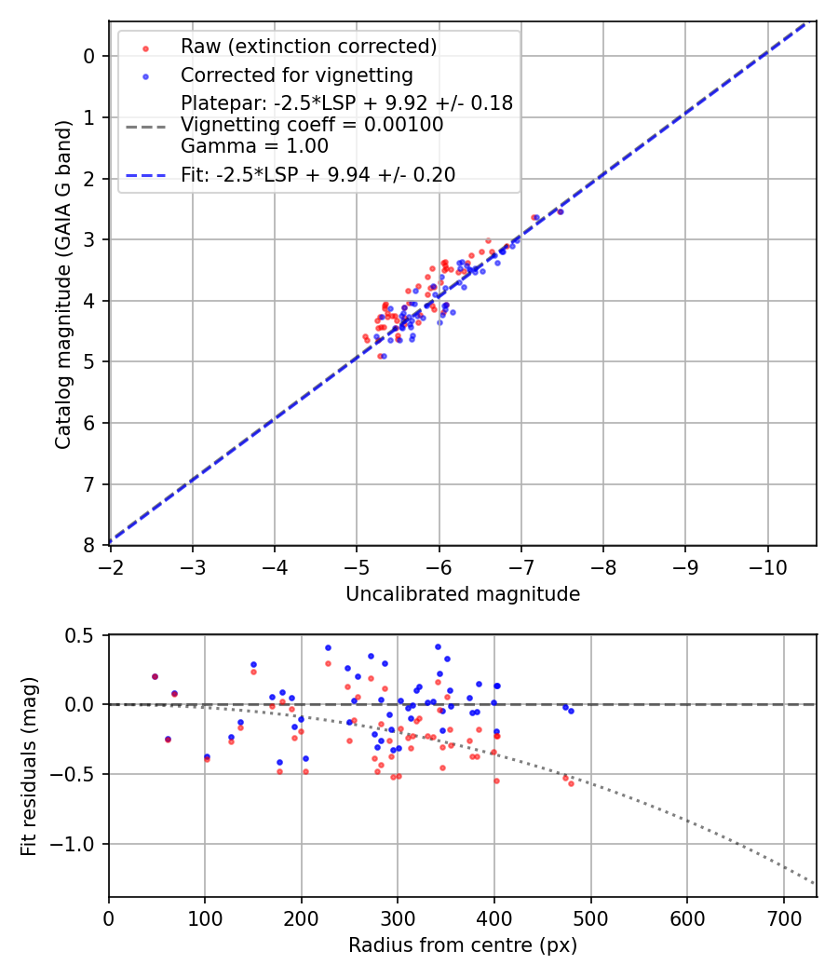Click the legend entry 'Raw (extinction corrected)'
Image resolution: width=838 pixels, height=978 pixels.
coord(308,47)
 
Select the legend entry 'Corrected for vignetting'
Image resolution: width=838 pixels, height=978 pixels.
coord(297,75)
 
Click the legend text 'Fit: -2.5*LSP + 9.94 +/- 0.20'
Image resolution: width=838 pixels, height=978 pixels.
coord(318,175)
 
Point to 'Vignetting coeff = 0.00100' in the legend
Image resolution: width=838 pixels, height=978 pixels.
coord(312,125)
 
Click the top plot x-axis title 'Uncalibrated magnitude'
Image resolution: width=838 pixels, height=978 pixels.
coord(463,594)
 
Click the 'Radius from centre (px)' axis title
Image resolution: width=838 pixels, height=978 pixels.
coord(463,945)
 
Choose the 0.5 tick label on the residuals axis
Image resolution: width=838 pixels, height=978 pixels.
coord(85,635)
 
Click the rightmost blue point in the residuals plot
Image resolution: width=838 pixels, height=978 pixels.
coord(571,711)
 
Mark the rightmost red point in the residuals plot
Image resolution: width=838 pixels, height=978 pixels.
coord(571,783)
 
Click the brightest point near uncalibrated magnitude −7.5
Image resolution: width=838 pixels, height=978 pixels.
coord(560,211)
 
